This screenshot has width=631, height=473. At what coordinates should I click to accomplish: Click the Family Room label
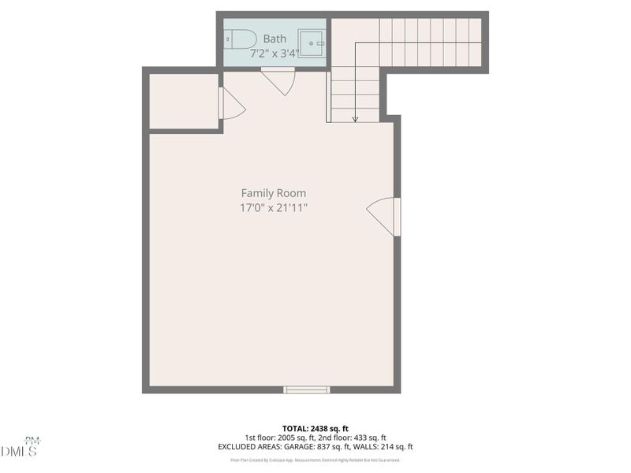[273, 193]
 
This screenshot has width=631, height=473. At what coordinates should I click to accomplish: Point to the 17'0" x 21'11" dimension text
[273, 208]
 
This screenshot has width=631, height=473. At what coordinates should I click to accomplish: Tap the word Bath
[274, 39]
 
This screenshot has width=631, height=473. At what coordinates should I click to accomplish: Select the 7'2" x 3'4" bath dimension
[274, 54]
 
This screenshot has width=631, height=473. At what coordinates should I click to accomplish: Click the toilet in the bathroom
[239, 39]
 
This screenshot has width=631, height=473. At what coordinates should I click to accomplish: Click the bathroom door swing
[279, 81]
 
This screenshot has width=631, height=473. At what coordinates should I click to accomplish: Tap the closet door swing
[231, 104]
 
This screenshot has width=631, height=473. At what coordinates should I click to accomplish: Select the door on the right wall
[386, 215]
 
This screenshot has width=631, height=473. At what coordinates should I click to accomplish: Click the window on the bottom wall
[306, 389]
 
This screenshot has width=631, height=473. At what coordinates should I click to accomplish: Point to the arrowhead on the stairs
[355, 119]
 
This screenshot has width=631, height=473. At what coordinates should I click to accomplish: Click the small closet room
[184, 101]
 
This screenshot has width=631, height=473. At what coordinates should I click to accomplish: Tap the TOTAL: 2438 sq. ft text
[315, 428]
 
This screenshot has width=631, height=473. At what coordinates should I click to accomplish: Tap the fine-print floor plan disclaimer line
[315, 460]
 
